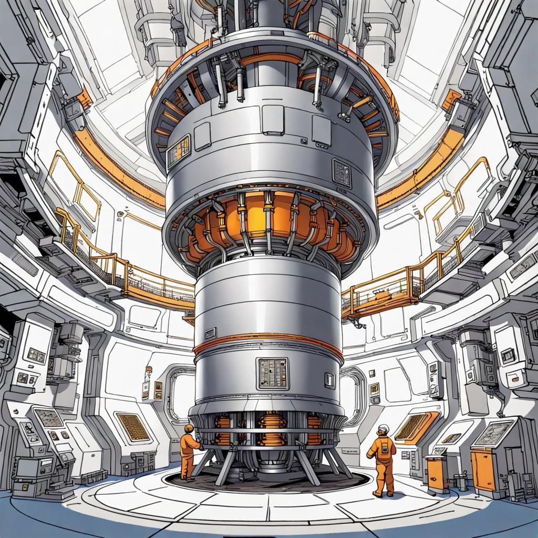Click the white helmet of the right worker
click(384, 428)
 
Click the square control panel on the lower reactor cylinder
click(272, 373)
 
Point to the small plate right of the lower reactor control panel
click(329, 380)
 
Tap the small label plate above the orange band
click(210, 333)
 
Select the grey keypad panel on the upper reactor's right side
click(342, 173)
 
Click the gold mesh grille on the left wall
click(133, 427)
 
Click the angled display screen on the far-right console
click(493, 432)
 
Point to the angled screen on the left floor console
click(49, 418)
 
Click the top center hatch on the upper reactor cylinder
click(273, 119)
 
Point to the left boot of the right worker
click(377, 493)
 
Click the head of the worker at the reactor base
click(189, 429)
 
